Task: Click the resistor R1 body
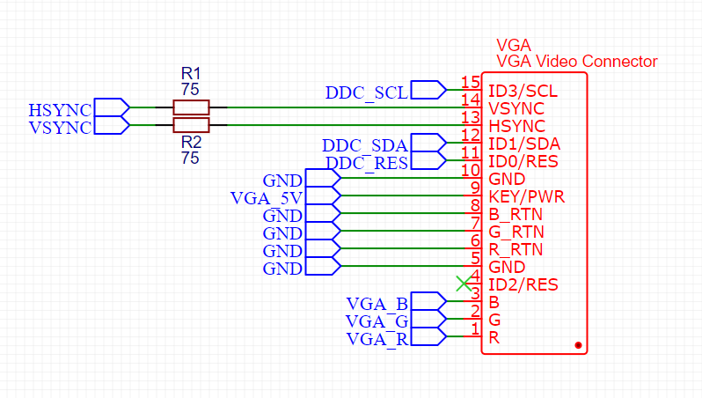(191, 107)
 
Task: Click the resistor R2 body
(191, 125)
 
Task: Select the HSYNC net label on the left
(60, 110)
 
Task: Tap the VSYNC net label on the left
(60, 128)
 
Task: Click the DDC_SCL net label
(367, 92)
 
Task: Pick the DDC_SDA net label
(365, 145)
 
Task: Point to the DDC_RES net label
(367, 164)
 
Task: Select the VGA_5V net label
(267, 197)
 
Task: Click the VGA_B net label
(377, 305)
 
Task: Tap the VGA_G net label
(377, 322)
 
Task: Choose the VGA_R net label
(377, 340)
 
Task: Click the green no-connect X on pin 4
(463, 283)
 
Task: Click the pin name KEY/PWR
(526, 196)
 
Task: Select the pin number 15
(470, 83)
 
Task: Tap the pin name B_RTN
(515, 214)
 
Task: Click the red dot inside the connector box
(578, 344)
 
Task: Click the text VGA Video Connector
(576, 62)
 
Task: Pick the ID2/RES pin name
(523, 284)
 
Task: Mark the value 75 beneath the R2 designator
(190, 158)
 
